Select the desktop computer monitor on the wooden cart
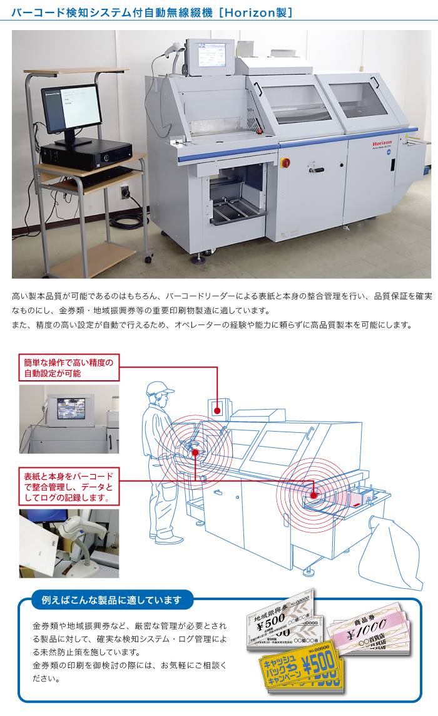click(71, 108)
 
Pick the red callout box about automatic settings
click(69, 368)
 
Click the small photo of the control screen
click(69, 418)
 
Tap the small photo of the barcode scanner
click(69, 542)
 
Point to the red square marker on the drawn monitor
click(218, 410)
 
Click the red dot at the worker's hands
click(195, 452)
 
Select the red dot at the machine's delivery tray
click(314, 495)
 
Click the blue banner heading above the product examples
click(112, 600)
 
